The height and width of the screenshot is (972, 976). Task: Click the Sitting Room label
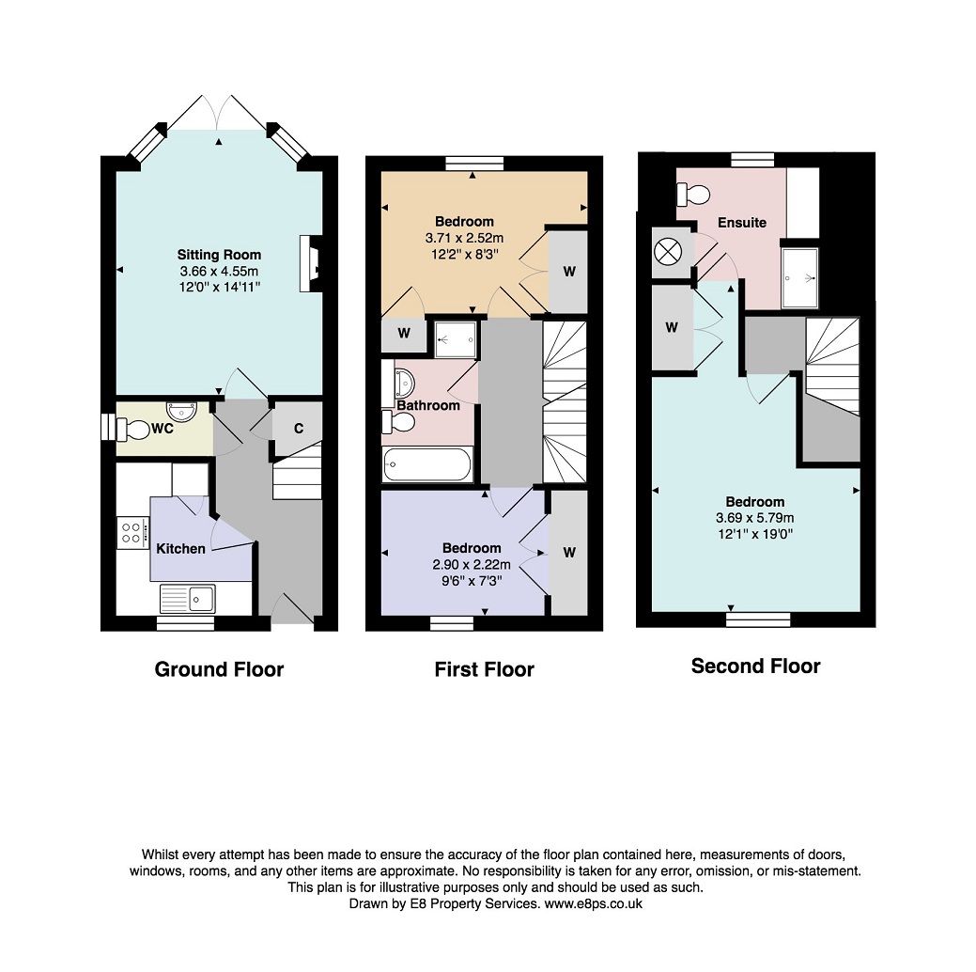(219, 254)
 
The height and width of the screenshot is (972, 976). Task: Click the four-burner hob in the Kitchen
(132, 533)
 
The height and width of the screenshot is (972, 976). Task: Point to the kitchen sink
(187, 599)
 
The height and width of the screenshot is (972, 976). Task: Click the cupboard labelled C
(298, 428)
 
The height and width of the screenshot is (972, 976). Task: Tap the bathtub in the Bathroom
(427, 464)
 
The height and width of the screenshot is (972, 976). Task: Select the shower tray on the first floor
(456, 339)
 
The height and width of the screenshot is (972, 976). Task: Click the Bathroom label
(428, 405)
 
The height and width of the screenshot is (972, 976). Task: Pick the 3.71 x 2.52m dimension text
(464, 238)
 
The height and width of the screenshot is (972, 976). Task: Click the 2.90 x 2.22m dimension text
(472, 565)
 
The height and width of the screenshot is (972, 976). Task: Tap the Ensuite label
(742, 223)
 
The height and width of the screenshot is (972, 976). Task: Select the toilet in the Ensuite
(693, 195)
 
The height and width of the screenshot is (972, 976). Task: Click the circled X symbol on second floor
(668, 253)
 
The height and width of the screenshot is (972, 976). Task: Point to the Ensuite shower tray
(799, 278)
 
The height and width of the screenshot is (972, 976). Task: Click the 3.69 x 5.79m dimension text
(755, 518)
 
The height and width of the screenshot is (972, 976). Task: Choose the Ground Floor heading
(219, 669)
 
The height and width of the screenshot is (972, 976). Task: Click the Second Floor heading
(755, 666)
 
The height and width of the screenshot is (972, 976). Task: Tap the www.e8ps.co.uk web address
(593, 903)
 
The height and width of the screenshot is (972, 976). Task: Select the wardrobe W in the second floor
(672, 327)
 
